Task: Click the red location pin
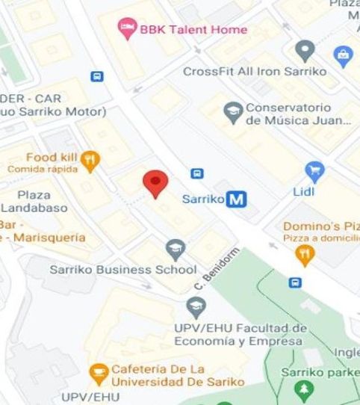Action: (155, 182)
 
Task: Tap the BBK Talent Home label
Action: (192, 30)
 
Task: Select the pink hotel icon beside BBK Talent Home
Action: (127, 30)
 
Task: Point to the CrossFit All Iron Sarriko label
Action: (255, 72)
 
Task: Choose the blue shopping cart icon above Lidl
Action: (315, 171)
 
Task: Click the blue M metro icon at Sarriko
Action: (238, 200)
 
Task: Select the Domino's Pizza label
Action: (320, 226)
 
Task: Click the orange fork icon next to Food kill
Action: (90, 158)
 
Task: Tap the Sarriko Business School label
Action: (123, 269)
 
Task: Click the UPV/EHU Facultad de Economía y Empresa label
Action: (238, 334)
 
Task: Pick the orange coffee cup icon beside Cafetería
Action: (98, 371)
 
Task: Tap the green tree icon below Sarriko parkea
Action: (304, 389)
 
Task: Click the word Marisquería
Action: (43, 238)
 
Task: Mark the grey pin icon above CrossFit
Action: (304, 51)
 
